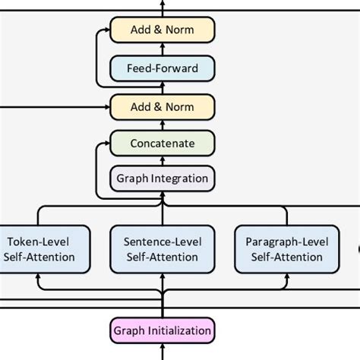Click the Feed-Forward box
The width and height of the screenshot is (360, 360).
[163, 68]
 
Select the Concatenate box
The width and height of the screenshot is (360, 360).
[163, 143]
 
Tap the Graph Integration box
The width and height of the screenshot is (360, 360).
[163, 179]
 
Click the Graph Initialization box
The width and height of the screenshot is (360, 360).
[163, 331]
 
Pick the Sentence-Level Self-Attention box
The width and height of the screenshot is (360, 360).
[163, 249]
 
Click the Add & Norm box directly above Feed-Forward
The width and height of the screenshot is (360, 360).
[163, 30]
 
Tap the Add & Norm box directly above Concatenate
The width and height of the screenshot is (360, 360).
[163, 106]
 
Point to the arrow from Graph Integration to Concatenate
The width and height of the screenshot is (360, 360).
[163, 161]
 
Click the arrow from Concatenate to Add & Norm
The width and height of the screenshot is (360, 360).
[163, 124]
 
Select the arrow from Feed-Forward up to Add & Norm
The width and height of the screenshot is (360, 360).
[163, 49]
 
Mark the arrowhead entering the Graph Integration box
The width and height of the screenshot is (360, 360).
[163, 195]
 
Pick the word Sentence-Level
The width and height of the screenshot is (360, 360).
[163, 242]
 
